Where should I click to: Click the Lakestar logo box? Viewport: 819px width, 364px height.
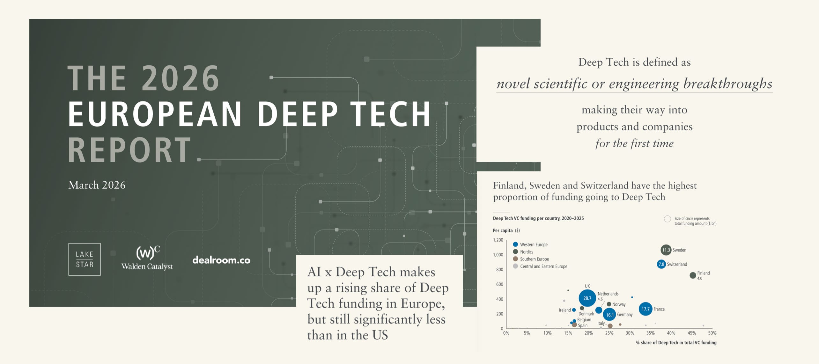(85, 259)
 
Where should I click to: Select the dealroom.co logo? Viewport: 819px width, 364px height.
(221, 260)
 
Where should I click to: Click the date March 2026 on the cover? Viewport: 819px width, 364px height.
(97, 185)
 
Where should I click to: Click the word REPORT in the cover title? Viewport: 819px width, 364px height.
(129, 150)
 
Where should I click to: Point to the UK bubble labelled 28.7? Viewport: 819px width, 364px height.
(587, 298)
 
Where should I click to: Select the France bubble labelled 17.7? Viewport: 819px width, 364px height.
(646, 309)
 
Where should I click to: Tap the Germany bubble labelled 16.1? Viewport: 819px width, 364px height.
(609, 315)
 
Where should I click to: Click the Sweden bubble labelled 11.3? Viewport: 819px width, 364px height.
(666, 250)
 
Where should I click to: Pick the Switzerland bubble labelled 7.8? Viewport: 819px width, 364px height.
(661, 264)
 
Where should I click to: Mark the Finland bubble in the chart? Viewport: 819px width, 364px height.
(693, 275)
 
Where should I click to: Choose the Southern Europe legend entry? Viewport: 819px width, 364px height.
(531, 259)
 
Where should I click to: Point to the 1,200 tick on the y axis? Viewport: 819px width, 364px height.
(498, 240)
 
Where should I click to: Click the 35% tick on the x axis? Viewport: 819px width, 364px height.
(650, 333)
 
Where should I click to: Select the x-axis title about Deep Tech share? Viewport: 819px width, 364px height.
(676, 343)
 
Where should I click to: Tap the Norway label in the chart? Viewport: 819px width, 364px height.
(619, 304)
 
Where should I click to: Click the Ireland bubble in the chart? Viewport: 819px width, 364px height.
(574, 310)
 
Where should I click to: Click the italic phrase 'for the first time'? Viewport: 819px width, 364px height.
(634, 143)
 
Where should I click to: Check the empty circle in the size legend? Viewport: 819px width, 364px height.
(667, 219)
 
